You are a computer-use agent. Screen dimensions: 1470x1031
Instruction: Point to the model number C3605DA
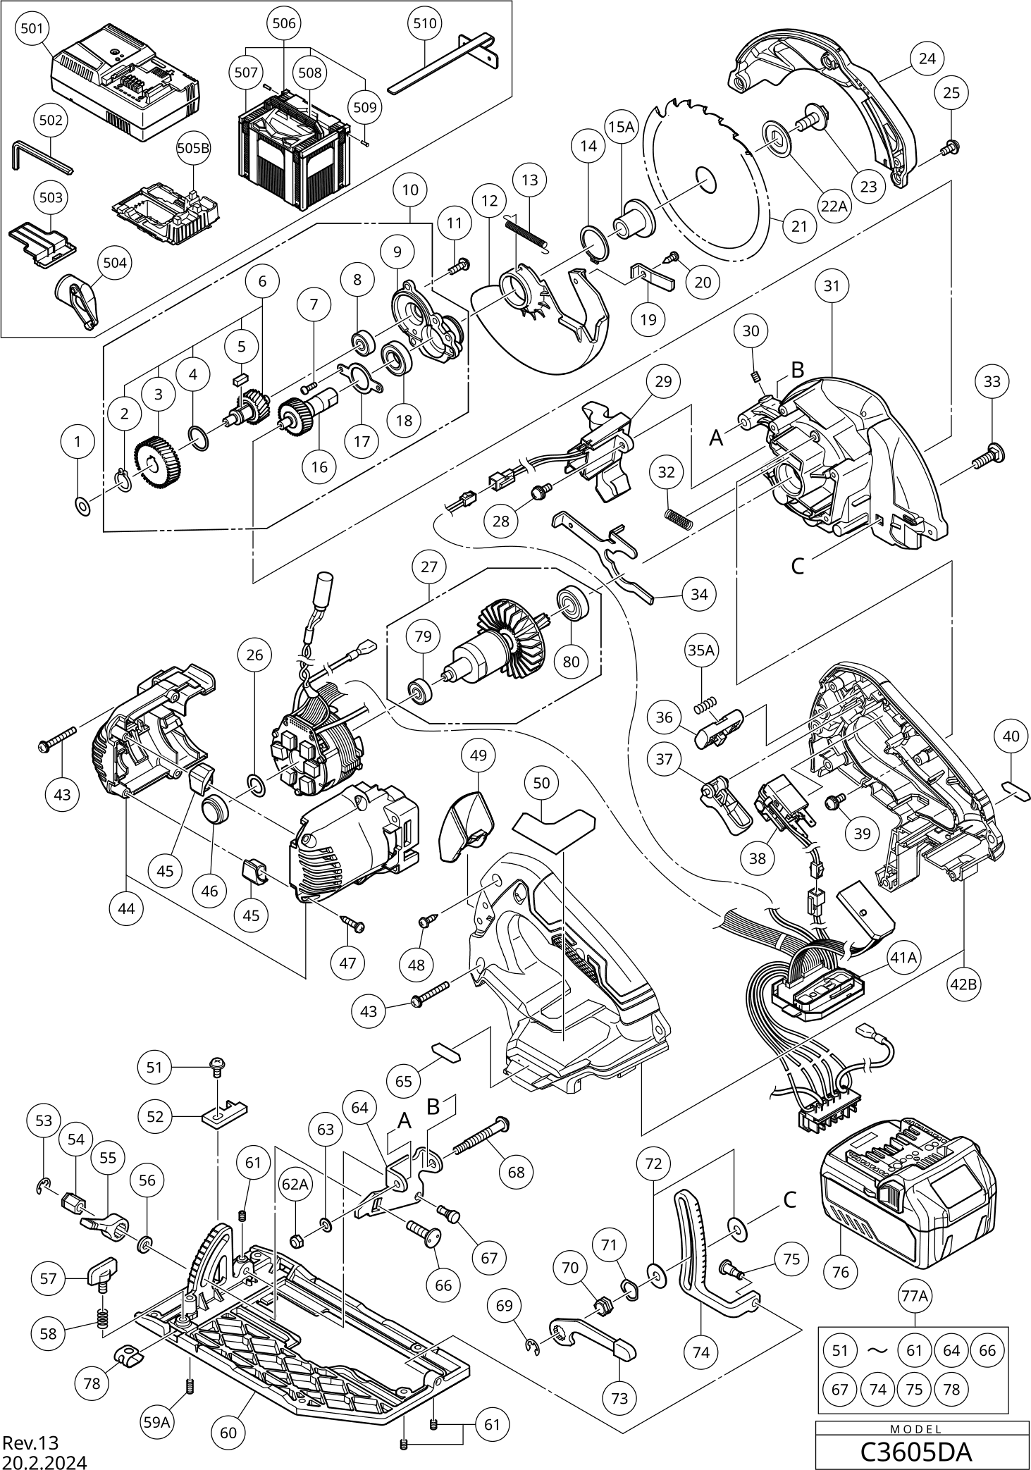pos(916,1452)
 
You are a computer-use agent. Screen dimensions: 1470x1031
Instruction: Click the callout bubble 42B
pos(963,984)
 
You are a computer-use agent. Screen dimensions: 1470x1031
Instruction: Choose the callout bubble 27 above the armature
pos(429,567)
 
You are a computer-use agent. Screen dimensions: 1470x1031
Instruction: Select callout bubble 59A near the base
pos(157,1422)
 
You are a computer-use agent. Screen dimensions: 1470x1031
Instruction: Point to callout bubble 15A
pos(621,127)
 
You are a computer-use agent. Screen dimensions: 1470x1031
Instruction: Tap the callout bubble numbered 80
pos(571,662)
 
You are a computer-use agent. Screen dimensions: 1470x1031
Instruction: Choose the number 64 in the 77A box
pos(951,1350)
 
